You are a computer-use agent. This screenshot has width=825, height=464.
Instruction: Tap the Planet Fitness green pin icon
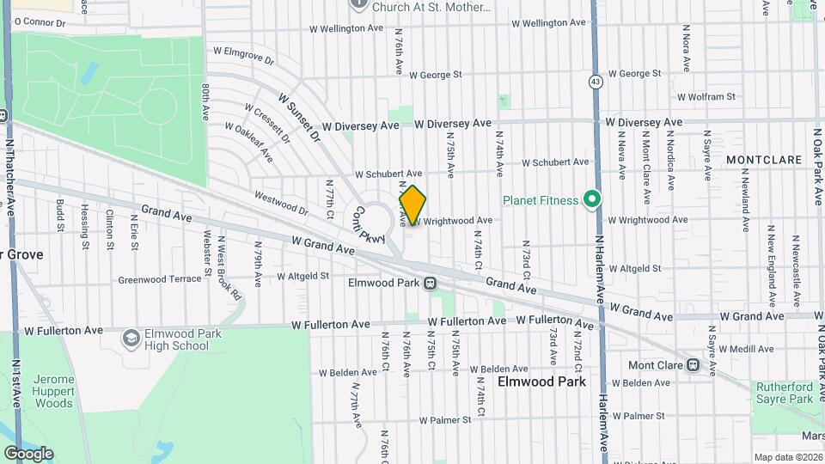[590, 200]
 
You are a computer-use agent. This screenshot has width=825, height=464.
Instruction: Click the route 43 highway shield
[595, 82]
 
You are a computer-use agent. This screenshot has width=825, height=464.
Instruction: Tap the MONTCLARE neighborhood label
[763, 160]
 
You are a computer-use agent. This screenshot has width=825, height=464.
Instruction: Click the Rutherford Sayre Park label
[784, 393]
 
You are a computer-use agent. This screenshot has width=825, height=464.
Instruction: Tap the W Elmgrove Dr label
[241, 61]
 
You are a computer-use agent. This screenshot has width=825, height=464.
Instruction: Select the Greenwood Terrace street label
[159, 279]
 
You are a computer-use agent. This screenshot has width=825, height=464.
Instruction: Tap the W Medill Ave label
[747, 349]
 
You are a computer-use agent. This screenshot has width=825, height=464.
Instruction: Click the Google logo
[28, 454]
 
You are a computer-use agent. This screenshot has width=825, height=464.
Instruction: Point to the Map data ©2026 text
[787, 457]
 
